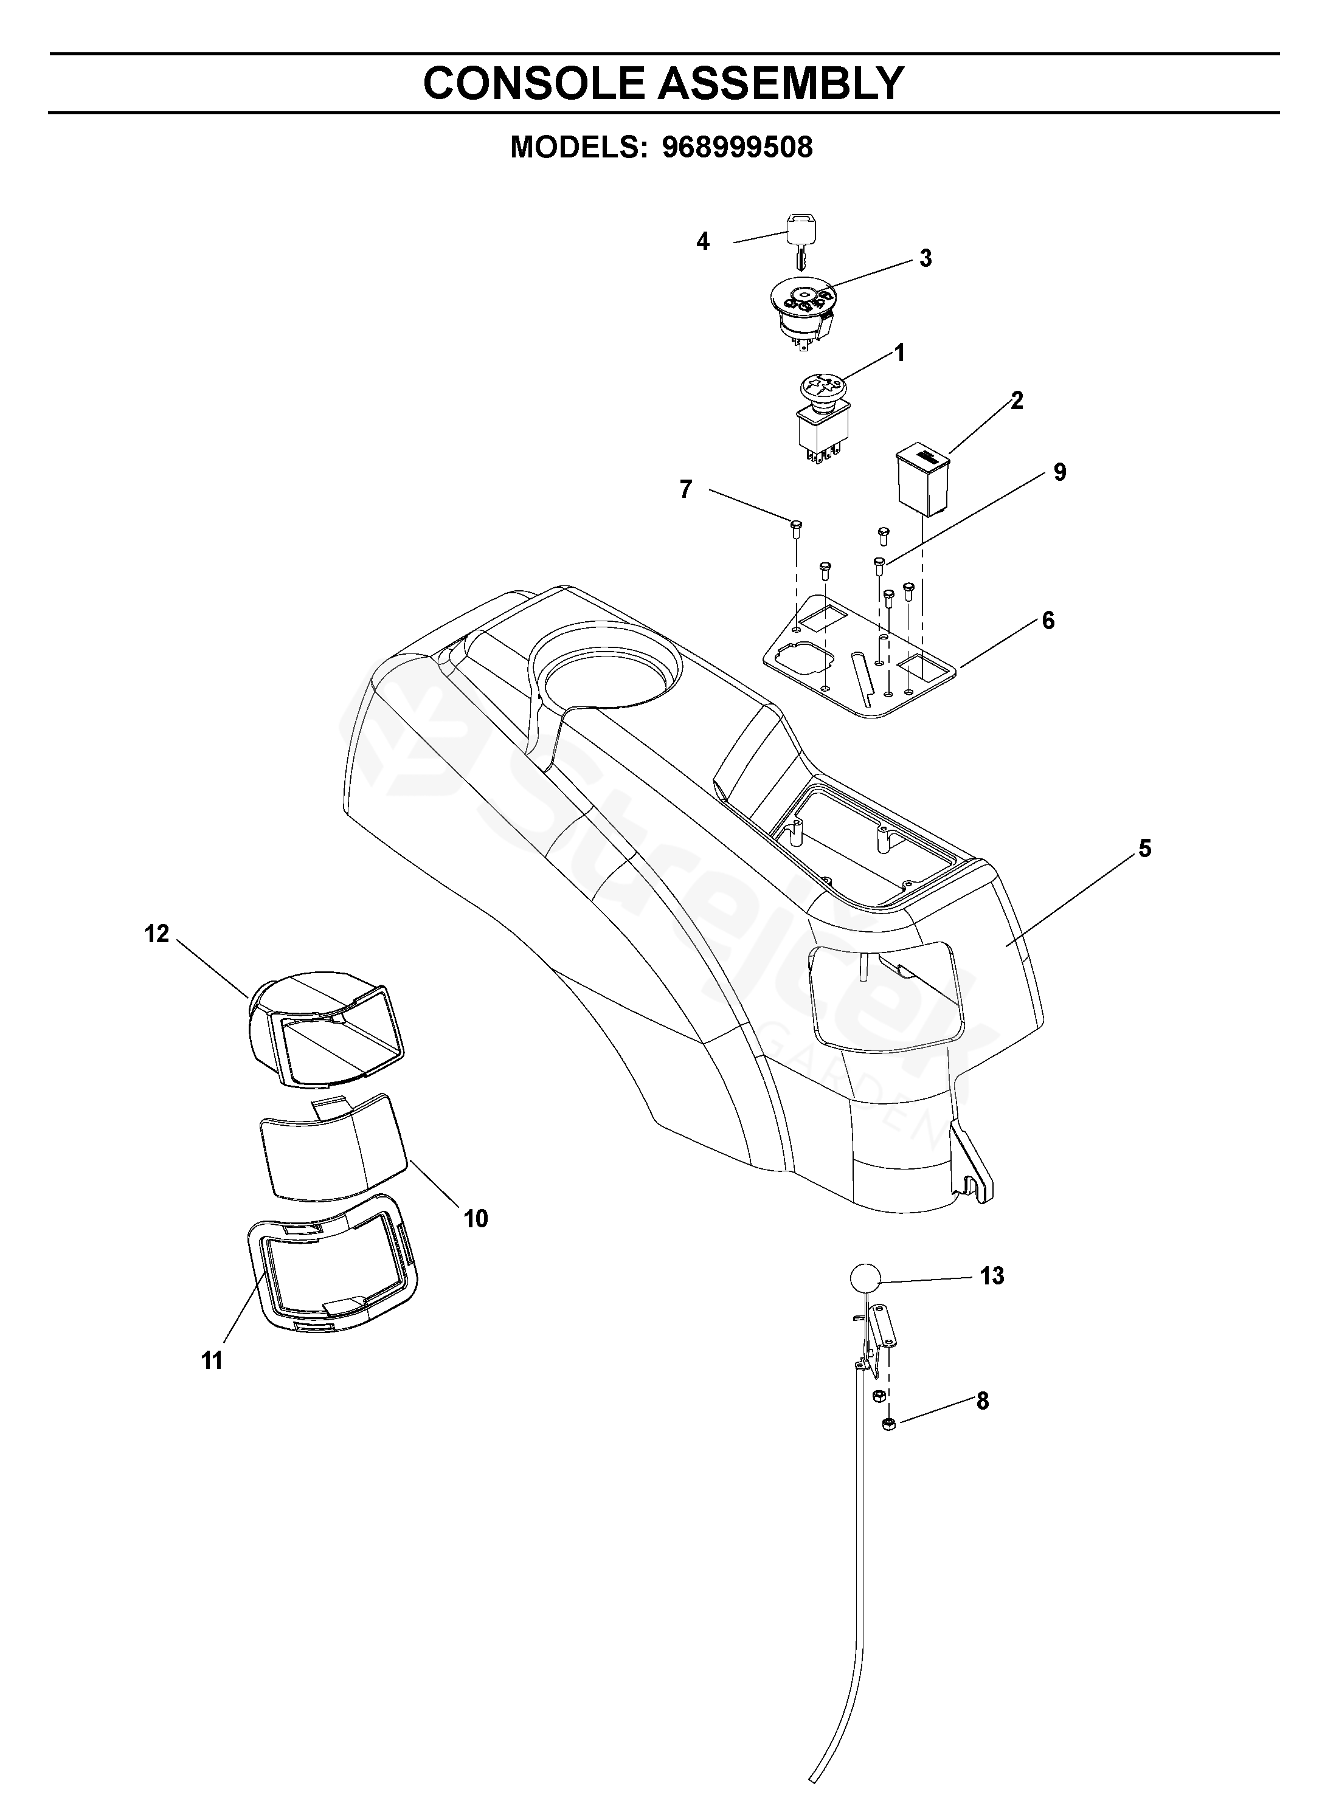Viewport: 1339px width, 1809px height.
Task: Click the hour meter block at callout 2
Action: coord(922,479)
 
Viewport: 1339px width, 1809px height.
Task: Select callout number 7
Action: coord(686,489)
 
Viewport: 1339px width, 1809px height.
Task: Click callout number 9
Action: coord(1059,472)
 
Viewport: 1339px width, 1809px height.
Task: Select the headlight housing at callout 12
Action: coord(324,1027)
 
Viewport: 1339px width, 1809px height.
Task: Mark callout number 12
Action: coord(157,934)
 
